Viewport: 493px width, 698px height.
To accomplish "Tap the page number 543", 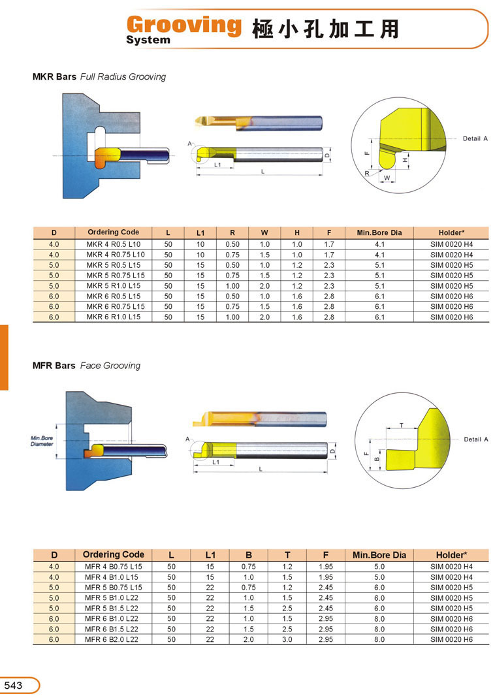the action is tap(13, 685).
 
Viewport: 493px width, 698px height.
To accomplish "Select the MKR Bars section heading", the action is tap(54, 76).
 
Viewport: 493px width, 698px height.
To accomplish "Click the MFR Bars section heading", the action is tap(54, 366).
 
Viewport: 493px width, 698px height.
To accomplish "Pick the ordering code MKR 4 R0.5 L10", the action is tap(113, 244).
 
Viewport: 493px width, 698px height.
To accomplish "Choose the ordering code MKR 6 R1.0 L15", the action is tap(113, 317).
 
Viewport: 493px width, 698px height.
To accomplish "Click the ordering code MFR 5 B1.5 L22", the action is tap(112, 608).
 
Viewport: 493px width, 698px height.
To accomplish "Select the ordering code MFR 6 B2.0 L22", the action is tap(112, 639).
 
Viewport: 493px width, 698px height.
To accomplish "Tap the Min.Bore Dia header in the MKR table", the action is tap(379, 232).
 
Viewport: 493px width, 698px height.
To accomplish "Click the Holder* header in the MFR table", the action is tap(451, 554).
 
